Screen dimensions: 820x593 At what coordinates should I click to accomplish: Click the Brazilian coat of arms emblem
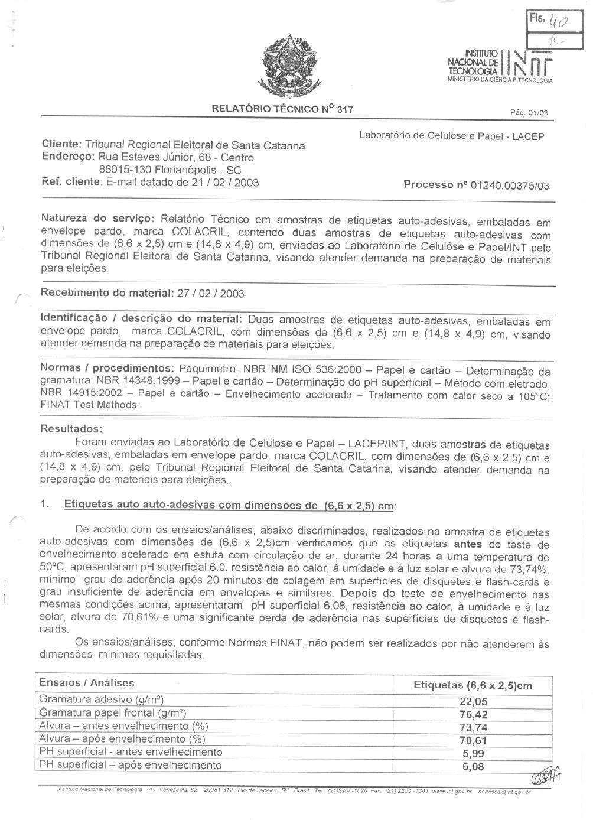[x=289, y=66]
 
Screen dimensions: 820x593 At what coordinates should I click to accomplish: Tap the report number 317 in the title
[x=345, y=109]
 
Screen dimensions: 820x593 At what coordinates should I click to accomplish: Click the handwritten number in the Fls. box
[x=558, y=22]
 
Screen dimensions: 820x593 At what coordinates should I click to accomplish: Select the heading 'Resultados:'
[x=71, y=428]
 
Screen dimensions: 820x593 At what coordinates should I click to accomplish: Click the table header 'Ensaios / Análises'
[x=86, y=682]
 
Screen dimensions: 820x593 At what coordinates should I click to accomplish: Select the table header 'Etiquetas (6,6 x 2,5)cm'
[x=473, y=685]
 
